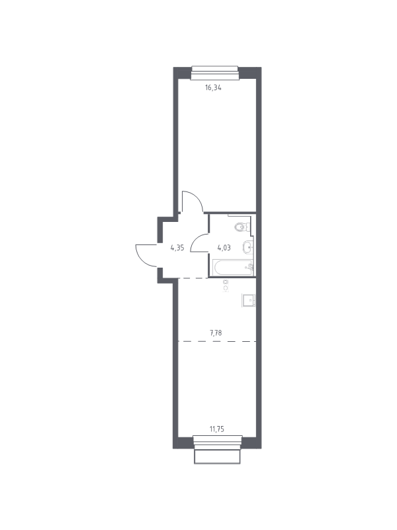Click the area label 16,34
click(x=213, y=88)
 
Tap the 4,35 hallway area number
click(x=177, y=248)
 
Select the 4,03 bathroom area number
click(x=224, y=248)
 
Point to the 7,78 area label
click(x=216, y=333)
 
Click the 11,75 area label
click(x=217, y=429)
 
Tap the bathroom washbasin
click(x=247, y=247)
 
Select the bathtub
click(x=234, y=268)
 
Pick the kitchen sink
click(x=249, y=300)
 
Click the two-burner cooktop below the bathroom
click(x=226, y=285)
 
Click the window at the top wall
click(x=215, y=73)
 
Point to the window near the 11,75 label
click(x=218, y=443)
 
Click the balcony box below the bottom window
click(x=218, y=456)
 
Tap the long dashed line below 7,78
click(x=217, y=341)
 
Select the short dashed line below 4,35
click(x=193, y=278)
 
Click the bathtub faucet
click(x=251, y=267)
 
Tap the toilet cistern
click(x=249, y=225)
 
